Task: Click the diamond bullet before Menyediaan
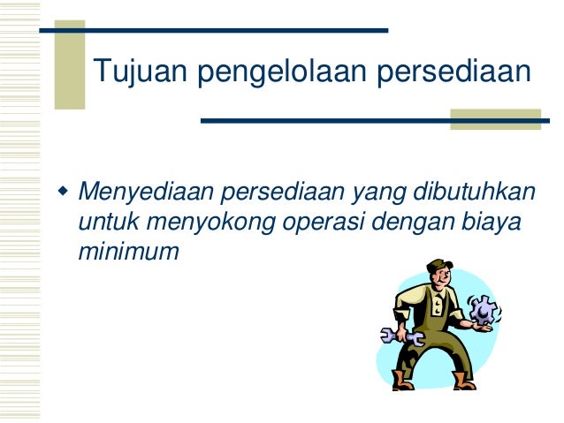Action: (x=62, y=191)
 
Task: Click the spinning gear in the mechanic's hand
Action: (x=484, y=311)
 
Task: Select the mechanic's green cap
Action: (x=438, y=264)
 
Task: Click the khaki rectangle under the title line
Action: (x=495, y=120)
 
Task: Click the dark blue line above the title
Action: (x=212, y=31)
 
